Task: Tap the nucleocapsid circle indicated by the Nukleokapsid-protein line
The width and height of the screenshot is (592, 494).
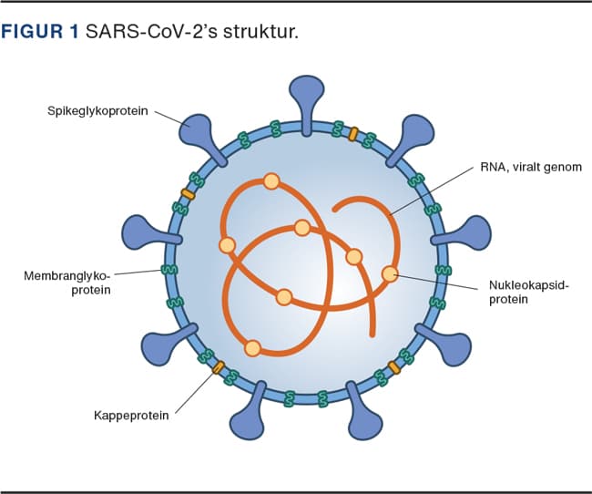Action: pyautogui.click(x=390, y=273)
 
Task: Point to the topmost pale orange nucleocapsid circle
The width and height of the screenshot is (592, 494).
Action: pyautogui.click(x=270, y=181)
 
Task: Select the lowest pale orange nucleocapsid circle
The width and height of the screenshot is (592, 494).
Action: pyautogui.click(x=253, y=346)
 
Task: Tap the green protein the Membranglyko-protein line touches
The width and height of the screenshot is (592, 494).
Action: pyautogui.click(x=168, y=270)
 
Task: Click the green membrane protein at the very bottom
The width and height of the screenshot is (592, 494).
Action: pyautogui.click(x=291, y=396)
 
